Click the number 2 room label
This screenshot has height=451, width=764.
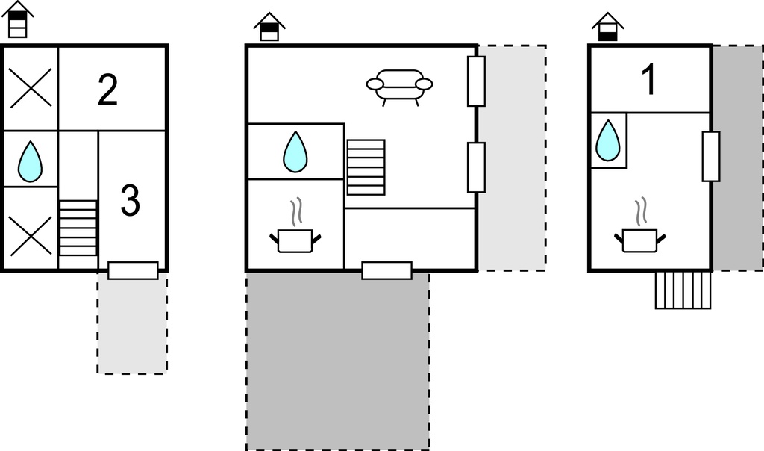tap(107, 89)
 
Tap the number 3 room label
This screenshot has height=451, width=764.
tap(130, 200)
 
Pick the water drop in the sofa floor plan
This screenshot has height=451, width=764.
tap(295, 152)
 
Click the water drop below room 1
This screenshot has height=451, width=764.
tap(608, 140)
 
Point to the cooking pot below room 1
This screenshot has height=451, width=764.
tap(639, 232)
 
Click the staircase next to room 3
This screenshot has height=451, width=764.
tap(78, 228)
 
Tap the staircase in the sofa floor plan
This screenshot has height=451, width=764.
tap(366, 167)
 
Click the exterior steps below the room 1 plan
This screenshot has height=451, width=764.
tap(683, 290)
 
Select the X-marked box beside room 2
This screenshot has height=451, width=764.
tap(31, 88)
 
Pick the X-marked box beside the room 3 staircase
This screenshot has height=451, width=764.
tap(31, 237)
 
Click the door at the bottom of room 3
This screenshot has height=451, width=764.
tap(133, 270)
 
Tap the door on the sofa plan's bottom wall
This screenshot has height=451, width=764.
tap(387, 270)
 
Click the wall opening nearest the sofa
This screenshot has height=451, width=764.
tap(476, 81)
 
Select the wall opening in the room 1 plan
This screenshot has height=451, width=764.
tap(711, 157)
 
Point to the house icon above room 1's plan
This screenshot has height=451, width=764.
tap(607, 27)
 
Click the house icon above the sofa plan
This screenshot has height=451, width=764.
tap(269, 27)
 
